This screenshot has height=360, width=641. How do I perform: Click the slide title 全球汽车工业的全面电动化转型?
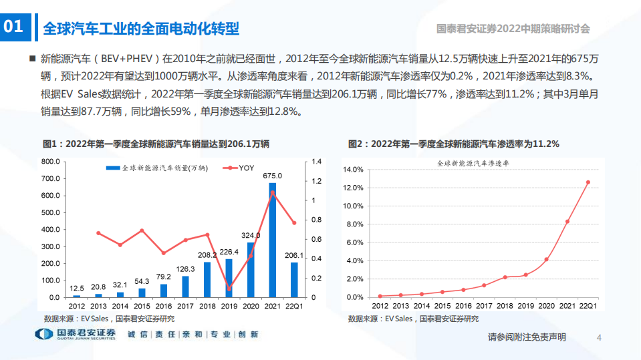click(140, 28)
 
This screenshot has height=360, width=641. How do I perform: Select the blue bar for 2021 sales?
click(272, 240)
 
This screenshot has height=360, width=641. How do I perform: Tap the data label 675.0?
click(272, 176)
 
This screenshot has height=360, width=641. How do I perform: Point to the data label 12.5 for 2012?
click(77, 288)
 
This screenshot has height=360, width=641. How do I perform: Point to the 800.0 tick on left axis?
click(51, 162)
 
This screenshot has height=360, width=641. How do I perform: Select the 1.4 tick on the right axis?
click(317, 162)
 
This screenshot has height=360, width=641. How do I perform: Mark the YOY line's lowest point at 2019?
click(229, 289)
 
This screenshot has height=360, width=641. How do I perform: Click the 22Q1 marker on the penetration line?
click(588, 182)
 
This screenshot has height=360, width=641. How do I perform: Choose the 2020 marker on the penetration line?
click(546, 259)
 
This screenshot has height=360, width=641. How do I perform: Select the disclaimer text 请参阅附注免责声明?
click(527, 338)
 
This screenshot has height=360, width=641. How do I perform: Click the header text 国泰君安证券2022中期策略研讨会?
click(513, 29)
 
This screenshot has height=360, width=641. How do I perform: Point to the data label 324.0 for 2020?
click(251, 236)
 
